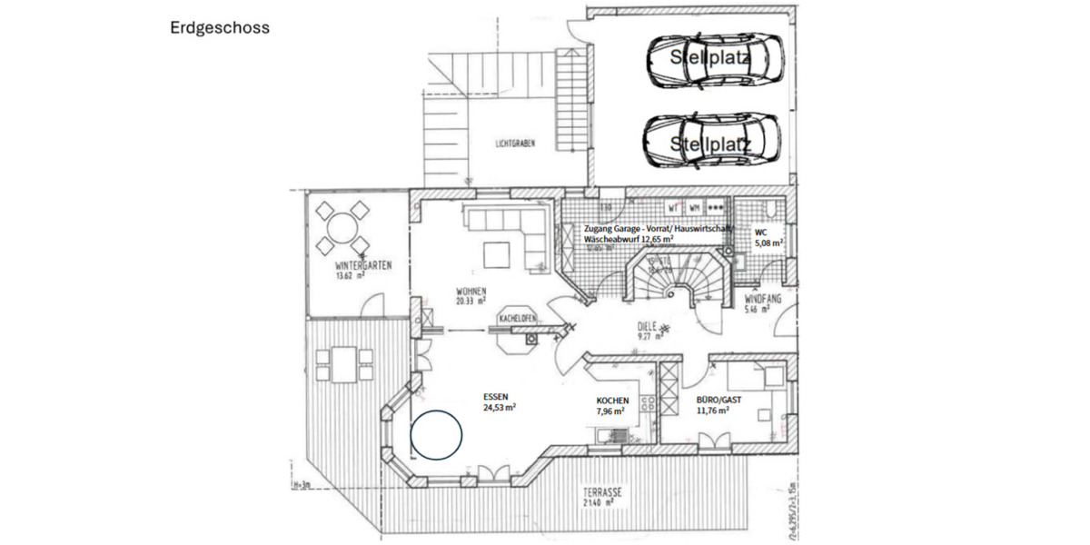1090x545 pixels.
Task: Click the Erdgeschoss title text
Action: point(219,28)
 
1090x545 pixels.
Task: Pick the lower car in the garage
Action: point(713,140)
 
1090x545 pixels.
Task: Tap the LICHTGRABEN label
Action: point(515,144)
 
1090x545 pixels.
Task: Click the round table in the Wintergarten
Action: point(342,228)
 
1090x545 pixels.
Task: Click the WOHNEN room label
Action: point(471,292)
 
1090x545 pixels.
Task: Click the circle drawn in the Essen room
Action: point(437,436)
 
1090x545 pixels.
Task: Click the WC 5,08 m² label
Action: point(769,238)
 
